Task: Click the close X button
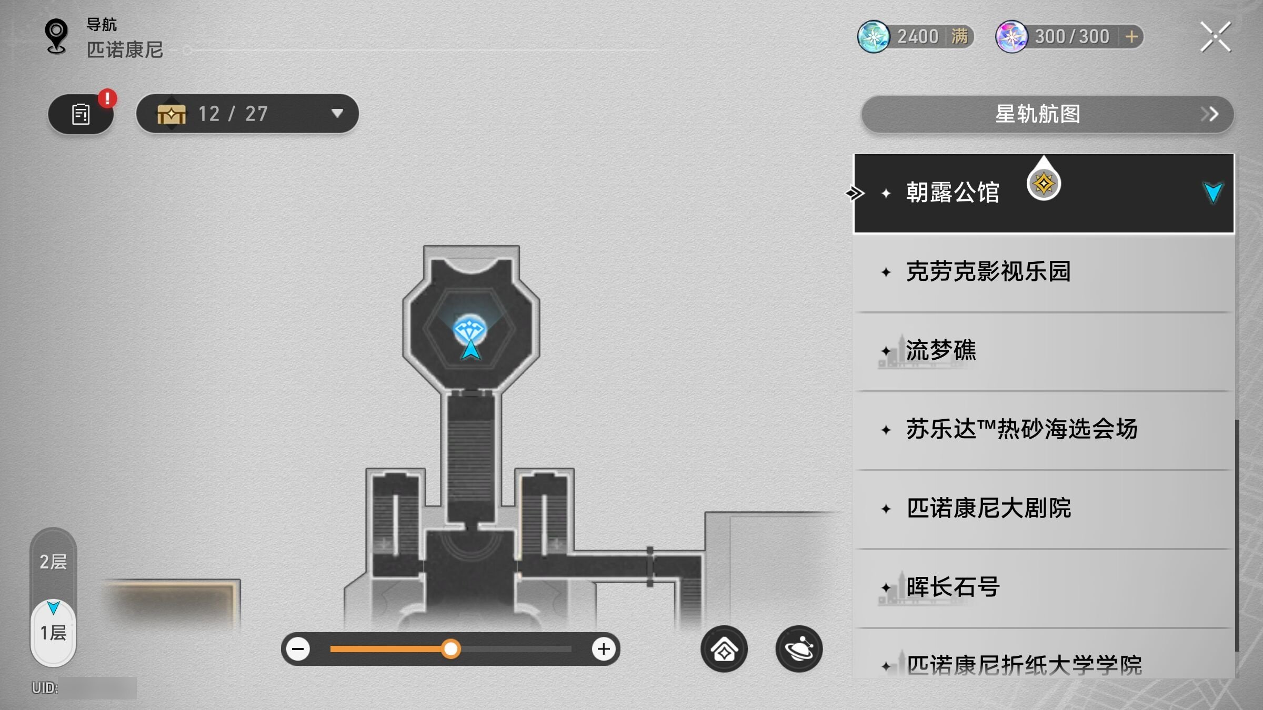pos(1215,37)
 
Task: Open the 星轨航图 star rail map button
pos(1047,114)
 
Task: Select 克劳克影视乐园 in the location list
pos(988,272)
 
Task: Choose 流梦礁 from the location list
pos(941,350)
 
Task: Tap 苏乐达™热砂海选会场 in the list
pos(1021,429)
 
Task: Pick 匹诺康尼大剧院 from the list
pos(988,508)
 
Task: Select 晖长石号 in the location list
pos(953,587)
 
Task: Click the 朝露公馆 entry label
pos(953,192)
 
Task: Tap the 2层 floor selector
pos(53,562)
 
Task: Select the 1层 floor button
pos(53,632)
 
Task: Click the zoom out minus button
pos(298,649)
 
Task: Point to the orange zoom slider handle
pos(450,649)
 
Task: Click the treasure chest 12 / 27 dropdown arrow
pos(337,113)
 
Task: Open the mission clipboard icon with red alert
pos(81,114)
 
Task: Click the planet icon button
pos(799,649)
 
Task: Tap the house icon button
pos(724,649)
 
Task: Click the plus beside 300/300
pos(1131,37)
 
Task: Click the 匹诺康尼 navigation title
pos(125,50)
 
